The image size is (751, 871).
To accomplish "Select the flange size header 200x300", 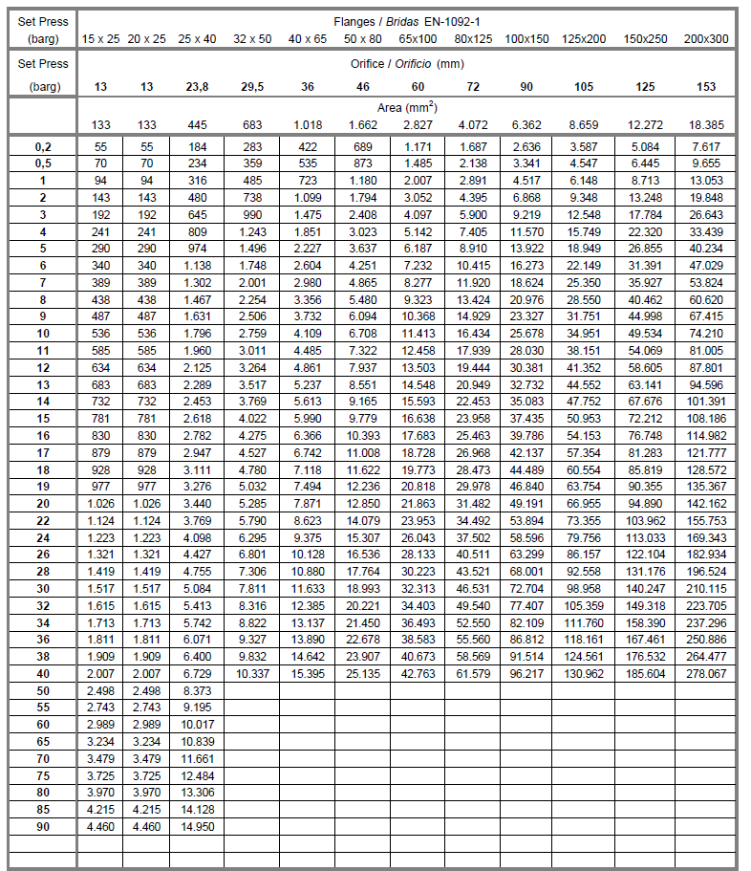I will [706, 39].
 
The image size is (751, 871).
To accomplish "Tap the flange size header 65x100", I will [418, 39].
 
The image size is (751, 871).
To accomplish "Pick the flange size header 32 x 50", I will [252, 39].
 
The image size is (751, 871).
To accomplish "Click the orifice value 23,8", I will [197, 87].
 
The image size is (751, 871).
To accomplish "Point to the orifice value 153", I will [706, 87].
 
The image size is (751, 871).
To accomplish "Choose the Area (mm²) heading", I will [407, 108].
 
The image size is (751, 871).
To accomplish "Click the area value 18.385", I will [706, 125].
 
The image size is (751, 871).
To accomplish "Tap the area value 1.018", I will [308, 125].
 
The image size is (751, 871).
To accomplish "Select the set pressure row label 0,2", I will [43, 146].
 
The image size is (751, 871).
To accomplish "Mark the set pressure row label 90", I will [43, 826].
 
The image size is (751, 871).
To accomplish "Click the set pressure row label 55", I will [43, 708].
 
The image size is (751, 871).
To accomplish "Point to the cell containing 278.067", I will [706, 674].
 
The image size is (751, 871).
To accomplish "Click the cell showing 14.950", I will [197, 826].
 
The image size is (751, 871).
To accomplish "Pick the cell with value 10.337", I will [252, 674].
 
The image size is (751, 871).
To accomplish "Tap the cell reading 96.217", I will [527, 674].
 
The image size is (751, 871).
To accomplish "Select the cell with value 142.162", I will [706, 504].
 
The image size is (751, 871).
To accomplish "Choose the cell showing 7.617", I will [706, 146].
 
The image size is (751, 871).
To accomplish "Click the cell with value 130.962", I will [585, 674].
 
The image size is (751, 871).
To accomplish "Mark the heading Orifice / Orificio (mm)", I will [407, 64].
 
